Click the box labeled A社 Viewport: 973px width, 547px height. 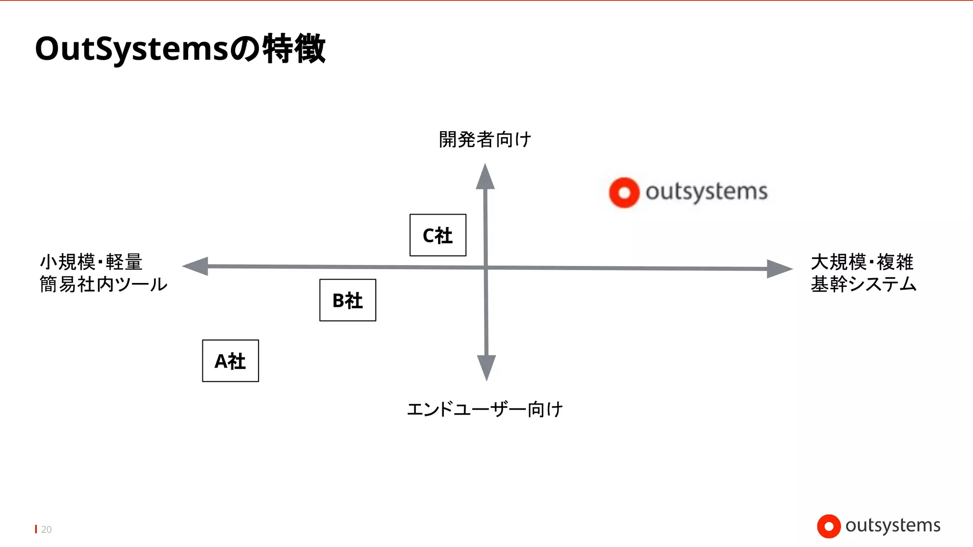pos(230,361)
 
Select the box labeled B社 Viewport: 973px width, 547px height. pos(348,300)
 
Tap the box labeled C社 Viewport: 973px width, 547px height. pos(438,235)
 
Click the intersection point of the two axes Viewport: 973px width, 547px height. pos(486,268)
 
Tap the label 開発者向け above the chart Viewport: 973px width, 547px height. pos(485,140)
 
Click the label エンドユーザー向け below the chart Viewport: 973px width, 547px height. pos(485,409)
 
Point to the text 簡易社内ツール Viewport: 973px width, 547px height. pos(104,284)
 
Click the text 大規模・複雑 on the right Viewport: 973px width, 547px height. pos(862,262)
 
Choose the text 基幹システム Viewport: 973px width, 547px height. pos(863,284)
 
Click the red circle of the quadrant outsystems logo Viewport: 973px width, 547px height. pos(624,193)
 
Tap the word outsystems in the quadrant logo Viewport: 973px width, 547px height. pos(706,192)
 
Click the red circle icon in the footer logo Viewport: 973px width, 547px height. pos(829,526)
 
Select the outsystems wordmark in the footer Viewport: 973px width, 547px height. pos(893,525)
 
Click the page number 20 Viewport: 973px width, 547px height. pos(46,529)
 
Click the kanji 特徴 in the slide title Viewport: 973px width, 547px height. pos(294,48)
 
